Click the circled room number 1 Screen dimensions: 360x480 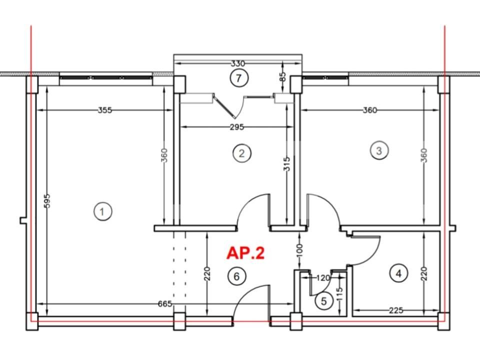click(x=102, y=211)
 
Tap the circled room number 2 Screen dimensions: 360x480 click(x=241, y=153)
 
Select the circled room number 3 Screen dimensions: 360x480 click(x=378, y=150)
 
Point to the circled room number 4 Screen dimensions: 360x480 click(x=398, y=273)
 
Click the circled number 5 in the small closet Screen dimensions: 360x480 click(x=323, y=301)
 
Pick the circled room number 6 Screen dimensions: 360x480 click(x=237, y=275)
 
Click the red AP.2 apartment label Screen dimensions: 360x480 click(x=245, y=253)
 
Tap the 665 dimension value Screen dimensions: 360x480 click(x=164, y=303)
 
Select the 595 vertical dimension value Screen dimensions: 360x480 click(x=47, y=201)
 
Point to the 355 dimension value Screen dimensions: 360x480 click(x=105, y=110)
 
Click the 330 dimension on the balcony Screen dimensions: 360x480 click(x=238, y=63)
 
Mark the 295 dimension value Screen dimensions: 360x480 click(x=236, y=127)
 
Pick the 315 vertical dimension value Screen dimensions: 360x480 click(x=287, y=164)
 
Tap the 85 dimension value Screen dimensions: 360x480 click(x=283, y=77)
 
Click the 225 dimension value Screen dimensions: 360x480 click(x=396, y=310)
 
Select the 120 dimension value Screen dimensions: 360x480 click(x=323, y=277)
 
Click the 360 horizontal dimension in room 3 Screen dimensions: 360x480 click(x=370, y=110)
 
